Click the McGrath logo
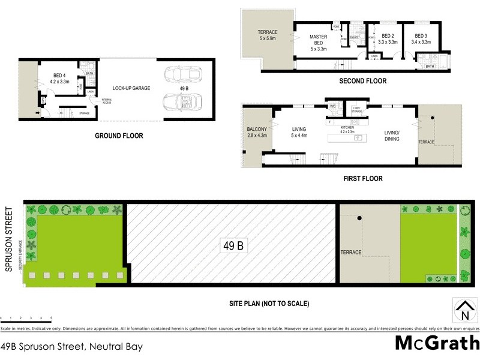point(436,343)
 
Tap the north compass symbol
point(464,310)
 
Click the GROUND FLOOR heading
point(119,136)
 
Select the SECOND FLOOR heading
point(362,81)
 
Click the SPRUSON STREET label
point(8,239)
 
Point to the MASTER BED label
point(318,40)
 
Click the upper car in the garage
point(178,74)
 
